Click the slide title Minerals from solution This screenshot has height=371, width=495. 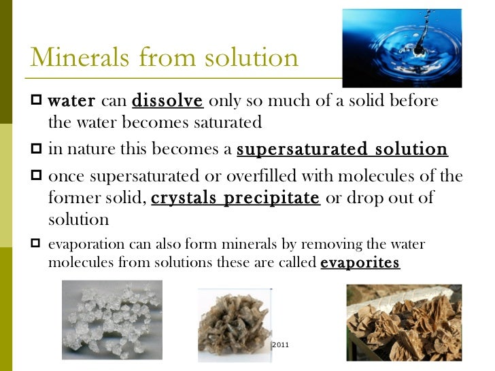point(164,57)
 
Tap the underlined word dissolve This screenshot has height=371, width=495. point(167,101)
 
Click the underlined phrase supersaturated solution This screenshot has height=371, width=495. point(342,149)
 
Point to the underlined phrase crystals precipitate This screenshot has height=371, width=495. point(235,198)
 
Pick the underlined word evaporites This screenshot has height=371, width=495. point(360,263)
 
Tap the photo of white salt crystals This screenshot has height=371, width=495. point(112,319)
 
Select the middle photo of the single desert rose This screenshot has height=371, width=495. point(235,324)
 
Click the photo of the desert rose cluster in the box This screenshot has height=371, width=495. point(404,322)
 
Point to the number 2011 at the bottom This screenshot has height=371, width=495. point(280,346)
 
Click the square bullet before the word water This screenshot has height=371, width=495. point(37,101)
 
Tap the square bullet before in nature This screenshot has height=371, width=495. point(37,149)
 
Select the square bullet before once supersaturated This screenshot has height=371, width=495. point(37,176)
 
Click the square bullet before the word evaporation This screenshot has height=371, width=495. point(37,244)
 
